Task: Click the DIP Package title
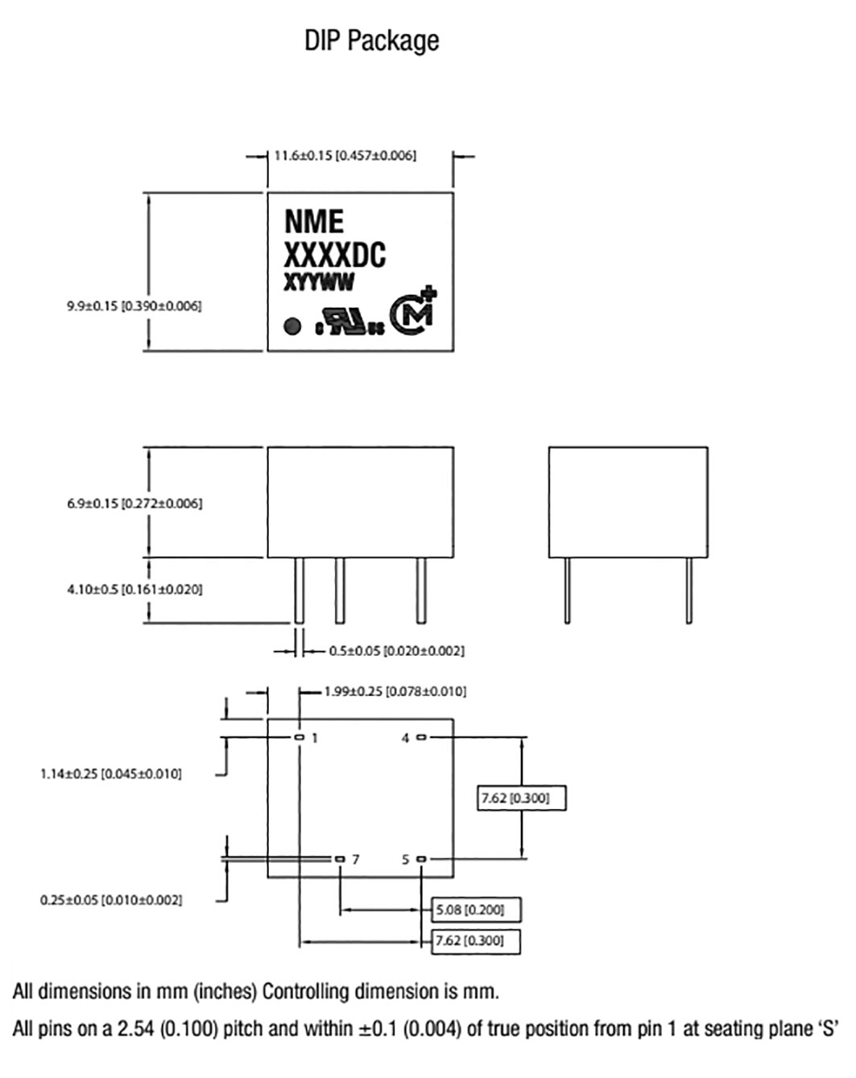pos(371,41)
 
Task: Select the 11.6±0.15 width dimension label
pos(345,155)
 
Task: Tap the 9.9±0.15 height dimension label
pos(134,306)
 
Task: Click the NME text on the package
pos(314,222)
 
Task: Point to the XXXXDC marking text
pos(335,255)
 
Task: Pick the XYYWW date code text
pos(319,283)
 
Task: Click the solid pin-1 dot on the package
pos(292,326)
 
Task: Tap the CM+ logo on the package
pos(413,312)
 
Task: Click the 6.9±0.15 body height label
pos(134,504)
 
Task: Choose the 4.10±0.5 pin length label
pos(134,590)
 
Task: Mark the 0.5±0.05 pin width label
pos(397,651)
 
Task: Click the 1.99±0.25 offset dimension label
pos(395,692)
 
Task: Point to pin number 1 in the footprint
pos(315,738)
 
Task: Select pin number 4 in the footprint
pos(405,738)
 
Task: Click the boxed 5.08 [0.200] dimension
pos(477,910)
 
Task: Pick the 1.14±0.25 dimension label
pos(111,774)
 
